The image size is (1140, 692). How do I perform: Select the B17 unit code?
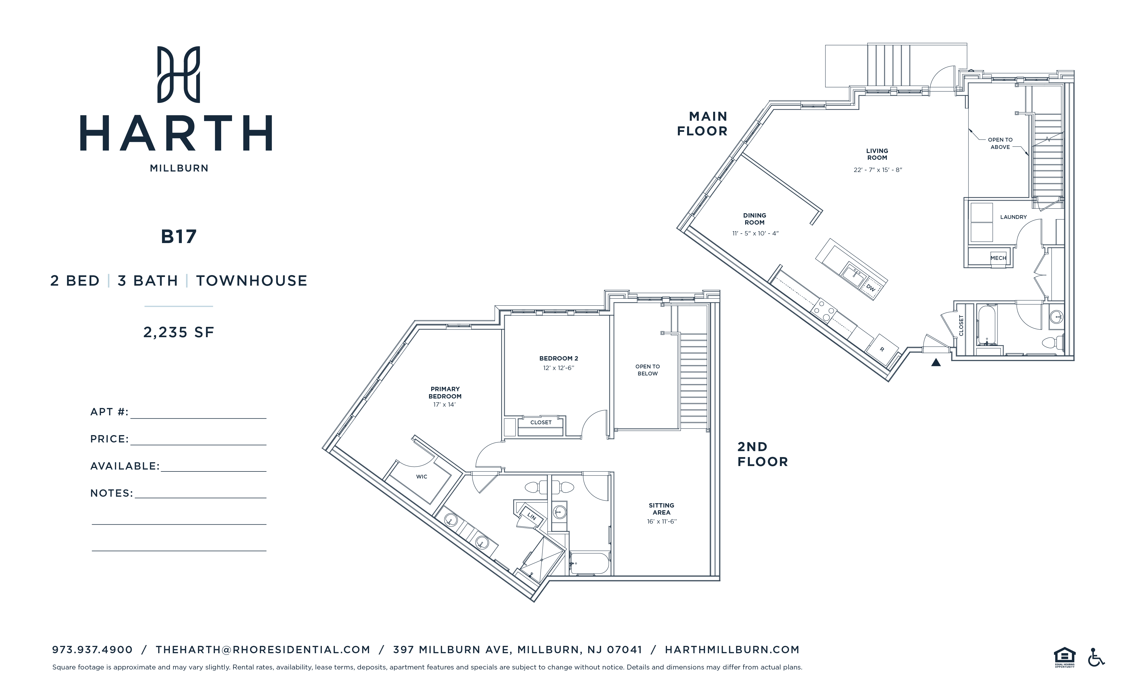point(179,237)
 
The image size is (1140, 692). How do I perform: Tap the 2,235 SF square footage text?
point(179,332)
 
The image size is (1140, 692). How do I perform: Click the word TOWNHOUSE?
point(252,281)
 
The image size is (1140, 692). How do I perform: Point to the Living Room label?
point(877,154)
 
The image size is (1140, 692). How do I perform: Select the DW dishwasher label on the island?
point(871,288)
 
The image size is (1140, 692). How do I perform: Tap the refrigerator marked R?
point(882,349)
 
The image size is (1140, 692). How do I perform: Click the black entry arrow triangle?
point(935,363)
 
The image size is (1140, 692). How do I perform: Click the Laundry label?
point(1013,217)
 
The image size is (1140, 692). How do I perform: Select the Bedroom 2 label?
point(558,359)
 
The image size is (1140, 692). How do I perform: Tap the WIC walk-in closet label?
point(421,476)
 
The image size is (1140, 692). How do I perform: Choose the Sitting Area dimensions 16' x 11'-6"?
point(662,522)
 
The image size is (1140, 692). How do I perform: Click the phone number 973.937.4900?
point(93,649)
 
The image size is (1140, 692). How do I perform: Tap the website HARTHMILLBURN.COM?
point(732,649)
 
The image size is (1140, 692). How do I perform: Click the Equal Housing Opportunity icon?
point(1064,657)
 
